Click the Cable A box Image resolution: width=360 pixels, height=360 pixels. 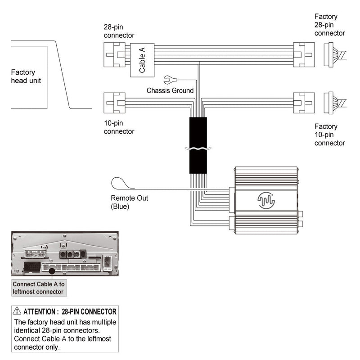click(142, 60)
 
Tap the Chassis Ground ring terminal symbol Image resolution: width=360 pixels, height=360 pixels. click(170, 80)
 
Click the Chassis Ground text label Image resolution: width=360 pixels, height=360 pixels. click(170, 90)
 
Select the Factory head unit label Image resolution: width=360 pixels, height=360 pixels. click(26, 76)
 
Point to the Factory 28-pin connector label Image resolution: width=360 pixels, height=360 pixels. click(329, 25)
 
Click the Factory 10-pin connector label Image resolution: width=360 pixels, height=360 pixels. click(329, 135)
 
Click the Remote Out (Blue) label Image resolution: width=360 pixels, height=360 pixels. click(129, 202)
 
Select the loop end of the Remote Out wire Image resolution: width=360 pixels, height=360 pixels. click(119, 183)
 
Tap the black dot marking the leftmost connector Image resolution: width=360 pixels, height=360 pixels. click(53, 270)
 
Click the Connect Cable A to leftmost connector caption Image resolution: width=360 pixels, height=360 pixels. click(39, 288)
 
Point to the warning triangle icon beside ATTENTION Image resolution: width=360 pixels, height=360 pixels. click(17, 310)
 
